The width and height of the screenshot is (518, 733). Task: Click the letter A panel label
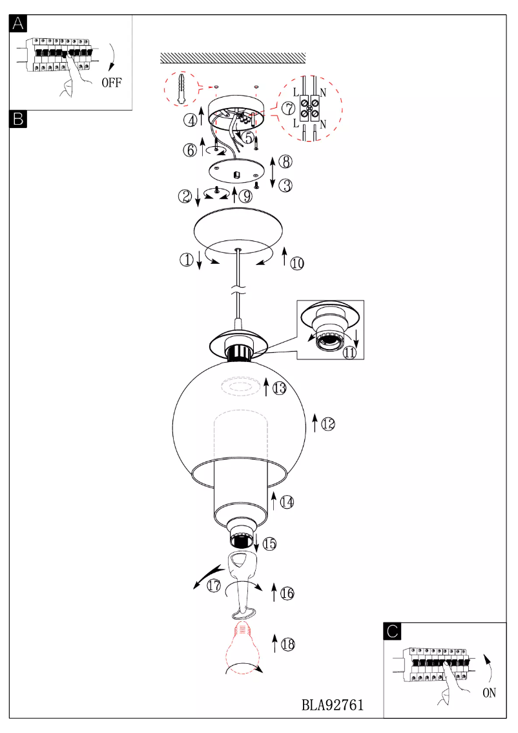pos(18,24)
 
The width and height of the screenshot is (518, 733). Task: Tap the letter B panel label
pos(18,119)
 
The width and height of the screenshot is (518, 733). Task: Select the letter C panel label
pos(392,631)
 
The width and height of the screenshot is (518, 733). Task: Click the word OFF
pos(112,83)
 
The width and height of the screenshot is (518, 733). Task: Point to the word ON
pos(489,693)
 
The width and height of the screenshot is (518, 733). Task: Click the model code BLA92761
pos(333,705)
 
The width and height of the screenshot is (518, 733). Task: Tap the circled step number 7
pos(289,109)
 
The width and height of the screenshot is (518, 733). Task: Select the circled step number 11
pos(349,352)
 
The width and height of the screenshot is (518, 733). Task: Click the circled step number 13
pos(279,388)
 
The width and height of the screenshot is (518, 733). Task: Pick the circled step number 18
pos(287,644)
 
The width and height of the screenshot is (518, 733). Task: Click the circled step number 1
pos(187,259)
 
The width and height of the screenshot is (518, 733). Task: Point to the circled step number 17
pos(214,585)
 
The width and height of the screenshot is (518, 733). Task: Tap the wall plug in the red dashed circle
pos(181,89)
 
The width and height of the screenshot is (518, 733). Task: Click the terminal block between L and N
pos(309,109)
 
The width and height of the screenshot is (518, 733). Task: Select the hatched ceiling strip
pos(233,58)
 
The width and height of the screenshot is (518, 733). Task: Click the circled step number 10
pos(297,264)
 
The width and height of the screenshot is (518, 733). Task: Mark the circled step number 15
pos(269,544)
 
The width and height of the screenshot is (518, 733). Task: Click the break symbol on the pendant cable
pos(238,292)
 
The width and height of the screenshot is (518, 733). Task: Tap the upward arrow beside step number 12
pos(315,423)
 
